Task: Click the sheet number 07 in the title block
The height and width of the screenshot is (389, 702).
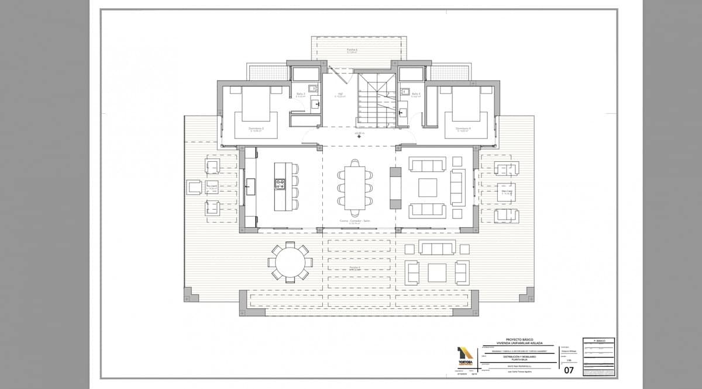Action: (x=569, y=370)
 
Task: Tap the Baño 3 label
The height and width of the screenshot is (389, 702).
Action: (x=301, y=93)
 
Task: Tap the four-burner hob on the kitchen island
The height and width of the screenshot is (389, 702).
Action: (x=280, y=185)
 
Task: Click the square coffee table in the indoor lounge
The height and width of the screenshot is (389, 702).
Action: (x=427, y=187)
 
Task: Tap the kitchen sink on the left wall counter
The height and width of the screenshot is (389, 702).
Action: (x=250, y=187)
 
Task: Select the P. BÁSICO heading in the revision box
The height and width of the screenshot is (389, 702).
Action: (x=598, y=341)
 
